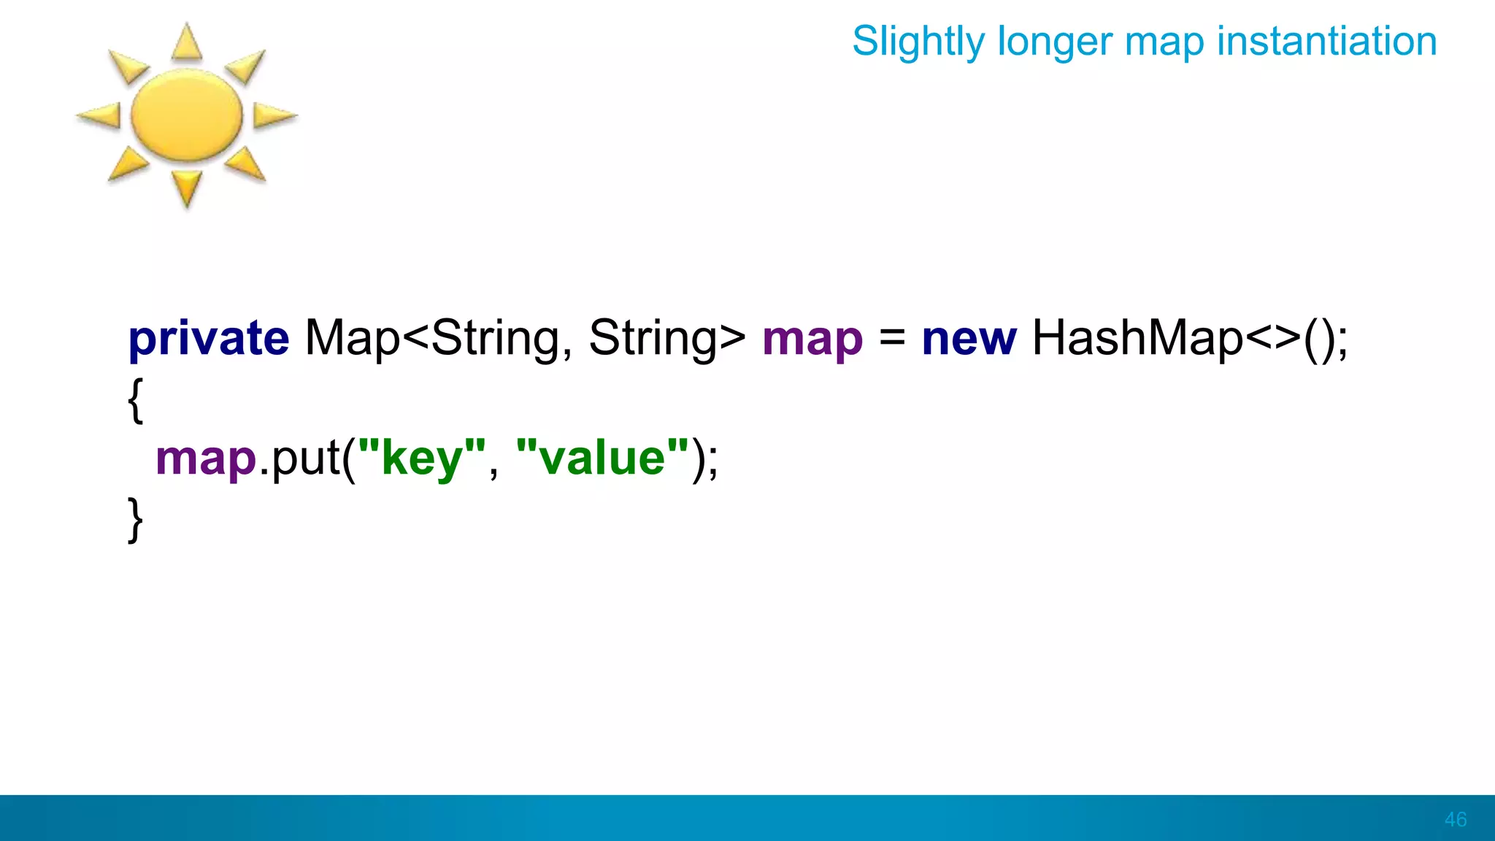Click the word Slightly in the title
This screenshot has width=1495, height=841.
(918, 42)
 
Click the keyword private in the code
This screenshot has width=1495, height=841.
(209, 339)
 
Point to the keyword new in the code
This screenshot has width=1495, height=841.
(969, 339)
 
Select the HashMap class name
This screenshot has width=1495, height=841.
(1137, 339)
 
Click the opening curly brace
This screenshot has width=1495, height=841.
(135, 399)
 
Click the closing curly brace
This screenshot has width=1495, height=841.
(135, 519)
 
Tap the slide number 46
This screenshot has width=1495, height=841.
(1456, 819)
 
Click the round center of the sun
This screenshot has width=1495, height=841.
(186, 115)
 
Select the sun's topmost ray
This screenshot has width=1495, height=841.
(187, 42)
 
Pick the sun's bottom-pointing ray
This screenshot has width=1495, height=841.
(187, 188)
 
